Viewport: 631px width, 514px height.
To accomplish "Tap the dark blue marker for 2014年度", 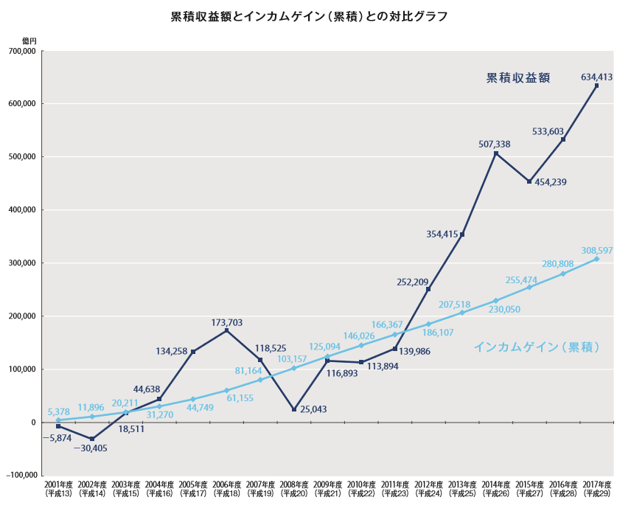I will (496, 153).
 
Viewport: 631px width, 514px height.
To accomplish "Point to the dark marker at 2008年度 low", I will (294, 409).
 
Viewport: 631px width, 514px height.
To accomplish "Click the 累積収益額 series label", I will (518, 78).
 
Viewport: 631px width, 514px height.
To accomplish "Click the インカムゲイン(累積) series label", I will (536, 346).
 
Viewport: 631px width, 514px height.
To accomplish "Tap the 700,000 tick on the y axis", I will (22, 51).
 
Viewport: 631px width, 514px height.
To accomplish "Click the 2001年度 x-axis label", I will (57, 488).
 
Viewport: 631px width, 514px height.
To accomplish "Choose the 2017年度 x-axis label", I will (596, 488).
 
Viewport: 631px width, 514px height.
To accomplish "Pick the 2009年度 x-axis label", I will (327, 488).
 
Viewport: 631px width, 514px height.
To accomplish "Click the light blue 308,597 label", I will (596, 251).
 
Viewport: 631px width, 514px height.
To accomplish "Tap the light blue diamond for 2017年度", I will (596, 259).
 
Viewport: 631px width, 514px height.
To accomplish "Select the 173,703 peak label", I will (226, 322).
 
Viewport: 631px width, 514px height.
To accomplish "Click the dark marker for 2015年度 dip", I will (529, 181).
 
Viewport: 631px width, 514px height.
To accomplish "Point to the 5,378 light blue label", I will (58, 411).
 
